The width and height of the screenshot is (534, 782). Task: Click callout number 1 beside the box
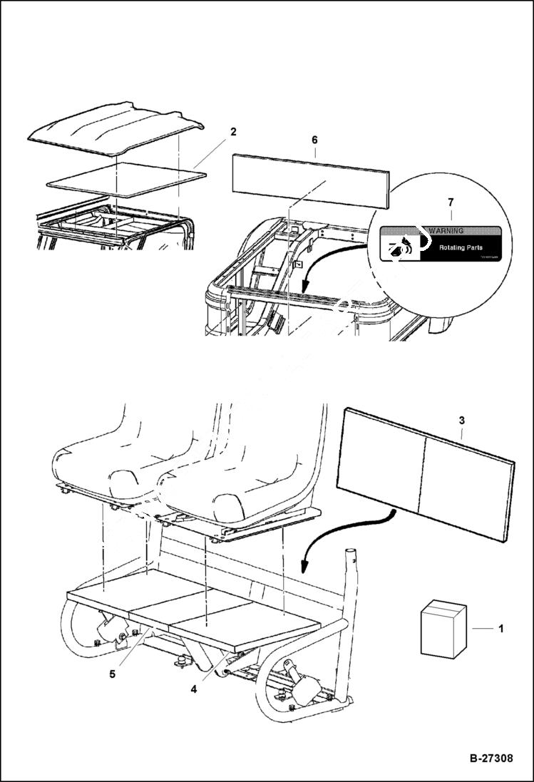pos(500,629)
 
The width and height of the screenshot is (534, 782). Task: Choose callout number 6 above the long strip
pos(314,141)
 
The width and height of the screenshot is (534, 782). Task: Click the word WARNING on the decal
pos(446,231)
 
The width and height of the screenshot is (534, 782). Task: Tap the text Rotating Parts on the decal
pos(460,247)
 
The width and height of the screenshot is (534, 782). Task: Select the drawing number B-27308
pos(481,758)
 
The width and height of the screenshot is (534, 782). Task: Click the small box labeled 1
pos(443,628)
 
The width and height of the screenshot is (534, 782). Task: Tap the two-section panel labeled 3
pos(425,468)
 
